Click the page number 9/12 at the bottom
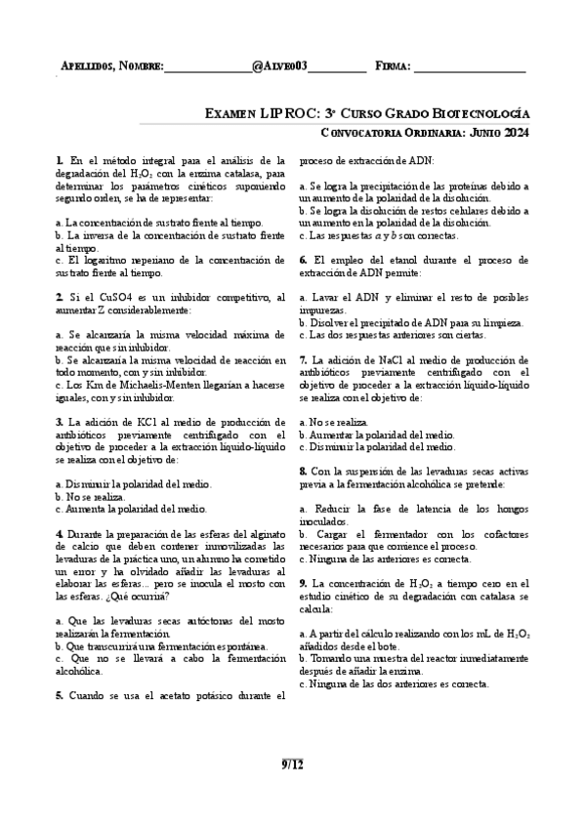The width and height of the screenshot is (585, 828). (292, 764)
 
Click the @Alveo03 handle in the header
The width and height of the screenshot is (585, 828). (279, 65)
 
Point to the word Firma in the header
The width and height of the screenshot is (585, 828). (392, 65)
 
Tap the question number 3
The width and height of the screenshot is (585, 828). (60, 422)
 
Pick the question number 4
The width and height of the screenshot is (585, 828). (60, 534)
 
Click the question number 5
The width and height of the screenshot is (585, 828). (60, 695)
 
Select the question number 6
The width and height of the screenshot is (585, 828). (304, 259)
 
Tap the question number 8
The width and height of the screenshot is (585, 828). (304, 472)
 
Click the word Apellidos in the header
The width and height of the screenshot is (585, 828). (86, 65)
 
